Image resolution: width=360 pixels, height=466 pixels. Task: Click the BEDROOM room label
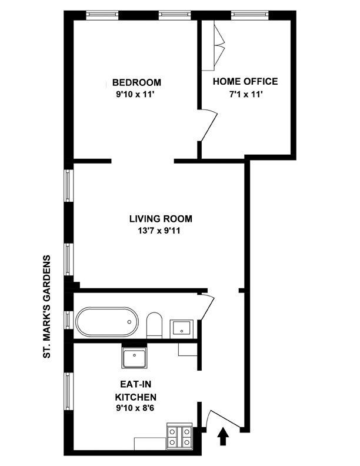tap(136, 82)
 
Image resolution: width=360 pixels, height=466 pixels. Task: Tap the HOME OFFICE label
tap(245, 81)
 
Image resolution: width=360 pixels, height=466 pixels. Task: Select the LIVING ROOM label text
tap(161, 219)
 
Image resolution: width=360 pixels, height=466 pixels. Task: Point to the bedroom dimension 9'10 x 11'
tap(136, 95)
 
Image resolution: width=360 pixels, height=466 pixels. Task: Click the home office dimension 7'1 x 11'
tap(245, 95)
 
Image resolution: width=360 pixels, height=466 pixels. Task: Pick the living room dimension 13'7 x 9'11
tap(159, 231)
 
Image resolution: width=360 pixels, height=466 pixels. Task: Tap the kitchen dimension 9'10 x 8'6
tap(135, 408)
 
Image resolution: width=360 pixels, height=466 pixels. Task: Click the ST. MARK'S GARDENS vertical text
tap(47, 307)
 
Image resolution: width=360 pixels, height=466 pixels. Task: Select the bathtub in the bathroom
tap(107, 322)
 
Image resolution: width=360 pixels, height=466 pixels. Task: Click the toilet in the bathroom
tap(155, 325)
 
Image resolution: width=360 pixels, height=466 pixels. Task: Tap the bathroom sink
tap(182, 329)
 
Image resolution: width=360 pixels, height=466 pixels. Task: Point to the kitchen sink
tap(134, 357)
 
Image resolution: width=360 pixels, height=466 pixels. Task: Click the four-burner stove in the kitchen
tap(179, 436)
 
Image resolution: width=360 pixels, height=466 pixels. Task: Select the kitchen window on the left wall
tap(69, 391)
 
